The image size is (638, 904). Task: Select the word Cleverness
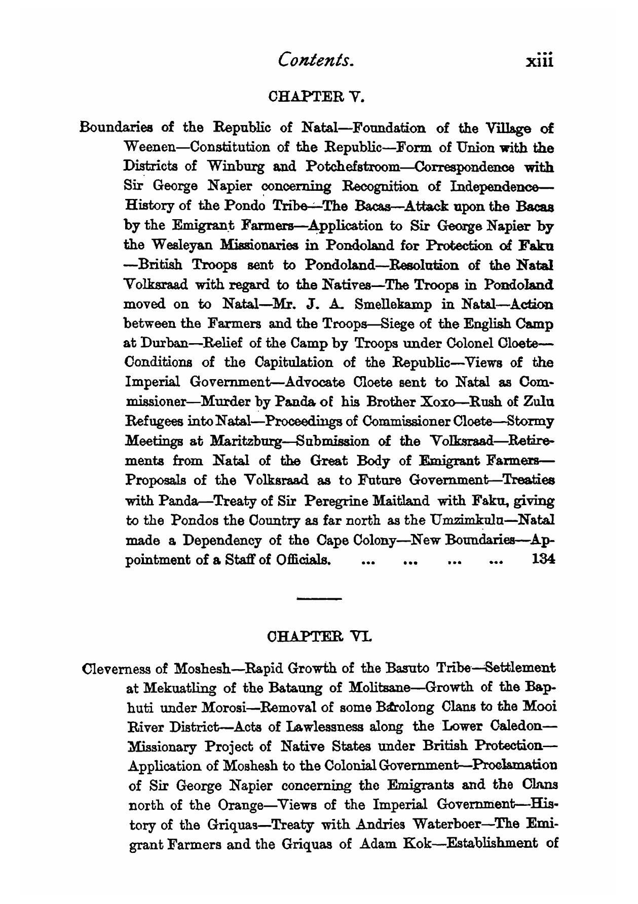(x=116, y=669)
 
